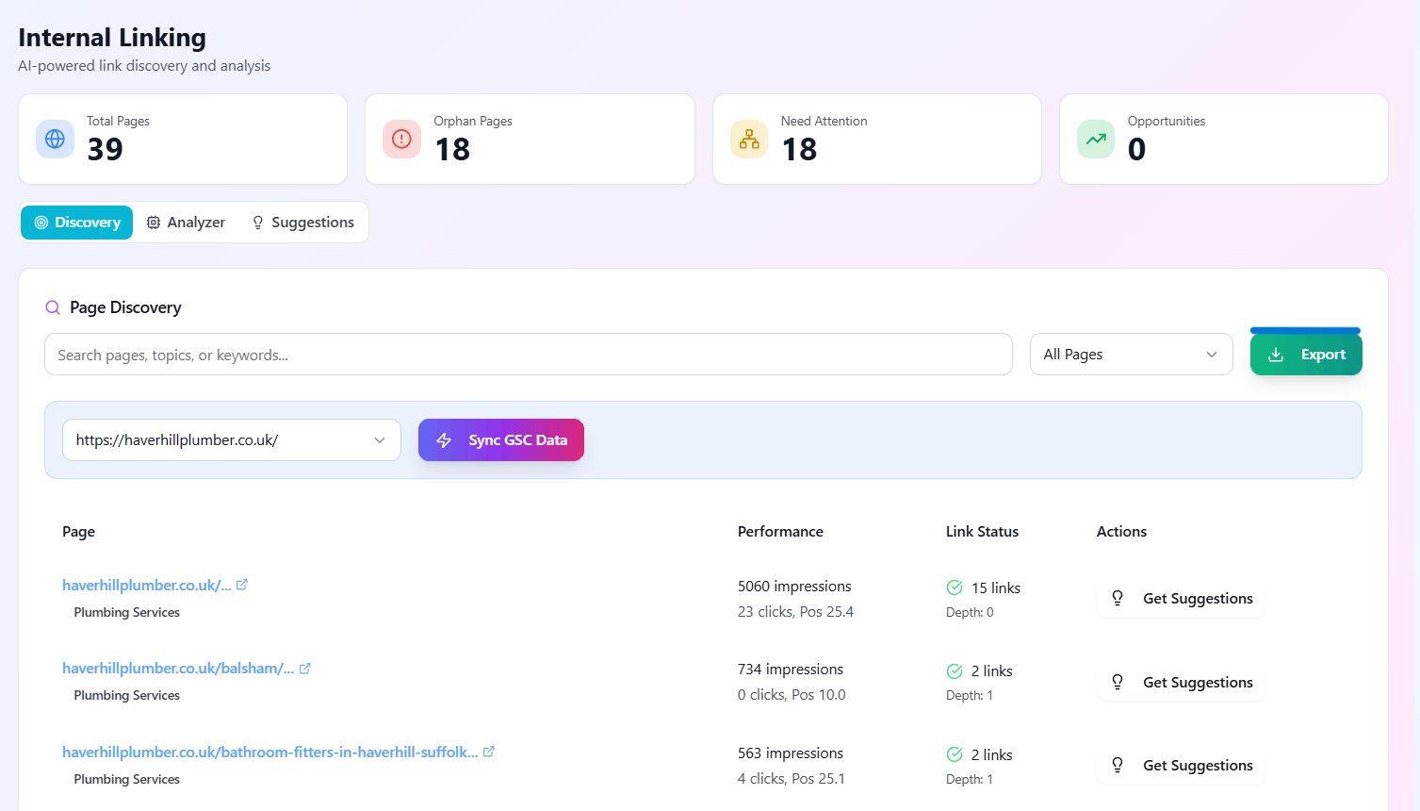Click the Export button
coord(1305,355)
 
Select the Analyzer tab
coord(186,223)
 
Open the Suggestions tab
coord(302,223)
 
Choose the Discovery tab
coord(77,223)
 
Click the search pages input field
coord(528,355)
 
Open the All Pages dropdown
coord(1131,355)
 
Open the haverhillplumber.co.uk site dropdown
coord(231,440)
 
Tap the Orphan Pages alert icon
coord(401,140)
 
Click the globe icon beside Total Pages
coord(55,140)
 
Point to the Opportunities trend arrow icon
coord(1096,140)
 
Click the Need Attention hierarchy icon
coord(749,140)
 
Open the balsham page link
coord(178,669)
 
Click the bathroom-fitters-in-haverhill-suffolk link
coord(269,753)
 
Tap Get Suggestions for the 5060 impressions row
coord(1181,599)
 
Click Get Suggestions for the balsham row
coord(1181,683)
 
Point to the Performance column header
coord(780,532)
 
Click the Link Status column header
coord(982,532)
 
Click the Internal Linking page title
coord(112,38)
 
